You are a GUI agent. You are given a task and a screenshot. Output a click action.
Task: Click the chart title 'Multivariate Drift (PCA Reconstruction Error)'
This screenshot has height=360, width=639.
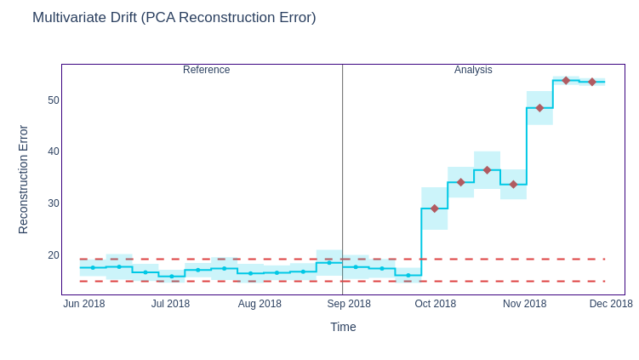pyautogui.click(x=174, y=18)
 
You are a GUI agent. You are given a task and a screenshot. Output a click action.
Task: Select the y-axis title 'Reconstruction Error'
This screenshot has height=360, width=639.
pyautogui.click(x=23, y=180)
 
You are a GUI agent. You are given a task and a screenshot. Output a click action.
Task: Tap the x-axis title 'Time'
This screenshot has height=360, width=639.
pyautogui.click(x=343, y=327)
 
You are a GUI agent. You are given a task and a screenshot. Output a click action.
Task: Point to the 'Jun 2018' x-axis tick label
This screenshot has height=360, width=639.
pyautogui.click(x=84, y=304)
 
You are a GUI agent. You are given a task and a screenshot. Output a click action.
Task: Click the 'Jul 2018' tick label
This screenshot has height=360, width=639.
pyautogui.click(x=170, y=304)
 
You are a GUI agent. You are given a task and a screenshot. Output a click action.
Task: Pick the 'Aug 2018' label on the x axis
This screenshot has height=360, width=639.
pyautogui.click(x=260, y=304)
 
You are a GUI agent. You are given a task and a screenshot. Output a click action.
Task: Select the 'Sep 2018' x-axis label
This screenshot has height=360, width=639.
pyautogui.click(x=349, y=304)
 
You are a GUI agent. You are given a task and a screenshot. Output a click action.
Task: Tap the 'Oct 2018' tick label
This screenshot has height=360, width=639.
pyautogui.click(x=435, y=304)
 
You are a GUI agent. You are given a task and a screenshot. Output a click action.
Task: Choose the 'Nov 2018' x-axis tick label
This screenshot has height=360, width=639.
pyautogui.click(x=524, y=304)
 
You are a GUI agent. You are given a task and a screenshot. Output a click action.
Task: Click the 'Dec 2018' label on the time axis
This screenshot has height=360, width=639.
pyautogui.click(x=611, y=304)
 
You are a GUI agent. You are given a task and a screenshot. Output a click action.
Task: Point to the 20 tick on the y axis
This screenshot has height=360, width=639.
pyautogui.click(x=54, y=255)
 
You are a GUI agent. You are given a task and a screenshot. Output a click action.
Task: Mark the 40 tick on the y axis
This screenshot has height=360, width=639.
pyautogui.click(x=54, y=151)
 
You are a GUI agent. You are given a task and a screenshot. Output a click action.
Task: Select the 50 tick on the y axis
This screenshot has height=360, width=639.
pyautogui.click(x=54, y=100)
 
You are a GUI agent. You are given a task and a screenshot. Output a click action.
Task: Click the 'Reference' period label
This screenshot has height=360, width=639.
pyautogui.click(x=206, y=70)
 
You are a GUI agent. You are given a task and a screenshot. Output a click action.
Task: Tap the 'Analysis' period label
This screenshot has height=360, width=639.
pyautogui.click(x=473, y=70)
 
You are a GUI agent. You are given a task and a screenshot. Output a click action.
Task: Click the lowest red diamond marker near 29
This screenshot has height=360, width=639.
pyautogui.click(x=435, y=209)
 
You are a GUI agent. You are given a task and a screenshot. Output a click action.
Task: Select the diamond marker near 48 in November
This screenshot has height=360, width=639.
pyautogui.click(x=539, y=108)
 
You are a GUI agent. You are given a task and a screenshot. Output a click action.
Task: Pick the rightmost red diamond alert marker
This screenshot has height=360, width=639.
pyautogui.click(x=592, y=82)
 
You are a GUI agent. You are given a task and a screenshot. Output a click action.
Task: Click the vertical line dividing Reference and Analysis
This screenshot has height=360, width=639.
pyautogui.click(x=343, y=170)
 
